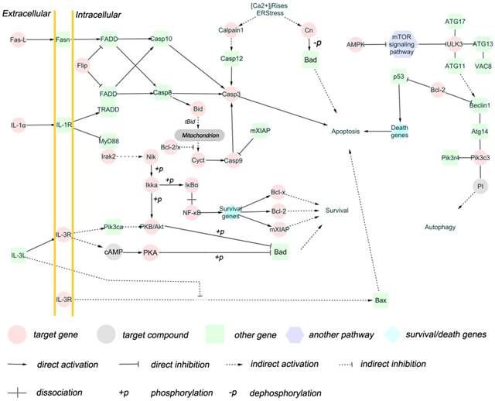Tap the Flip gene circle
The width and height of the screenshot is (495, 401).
(83, 66)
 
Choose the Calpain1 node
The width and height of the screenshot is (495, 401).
(227, 30)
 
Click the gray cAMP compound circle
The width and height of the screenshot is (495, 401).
(114, 252)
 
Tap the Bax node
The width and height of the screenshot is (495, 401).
(379, 299)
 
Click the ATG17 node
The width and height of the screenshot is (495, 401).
(455, 20)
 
